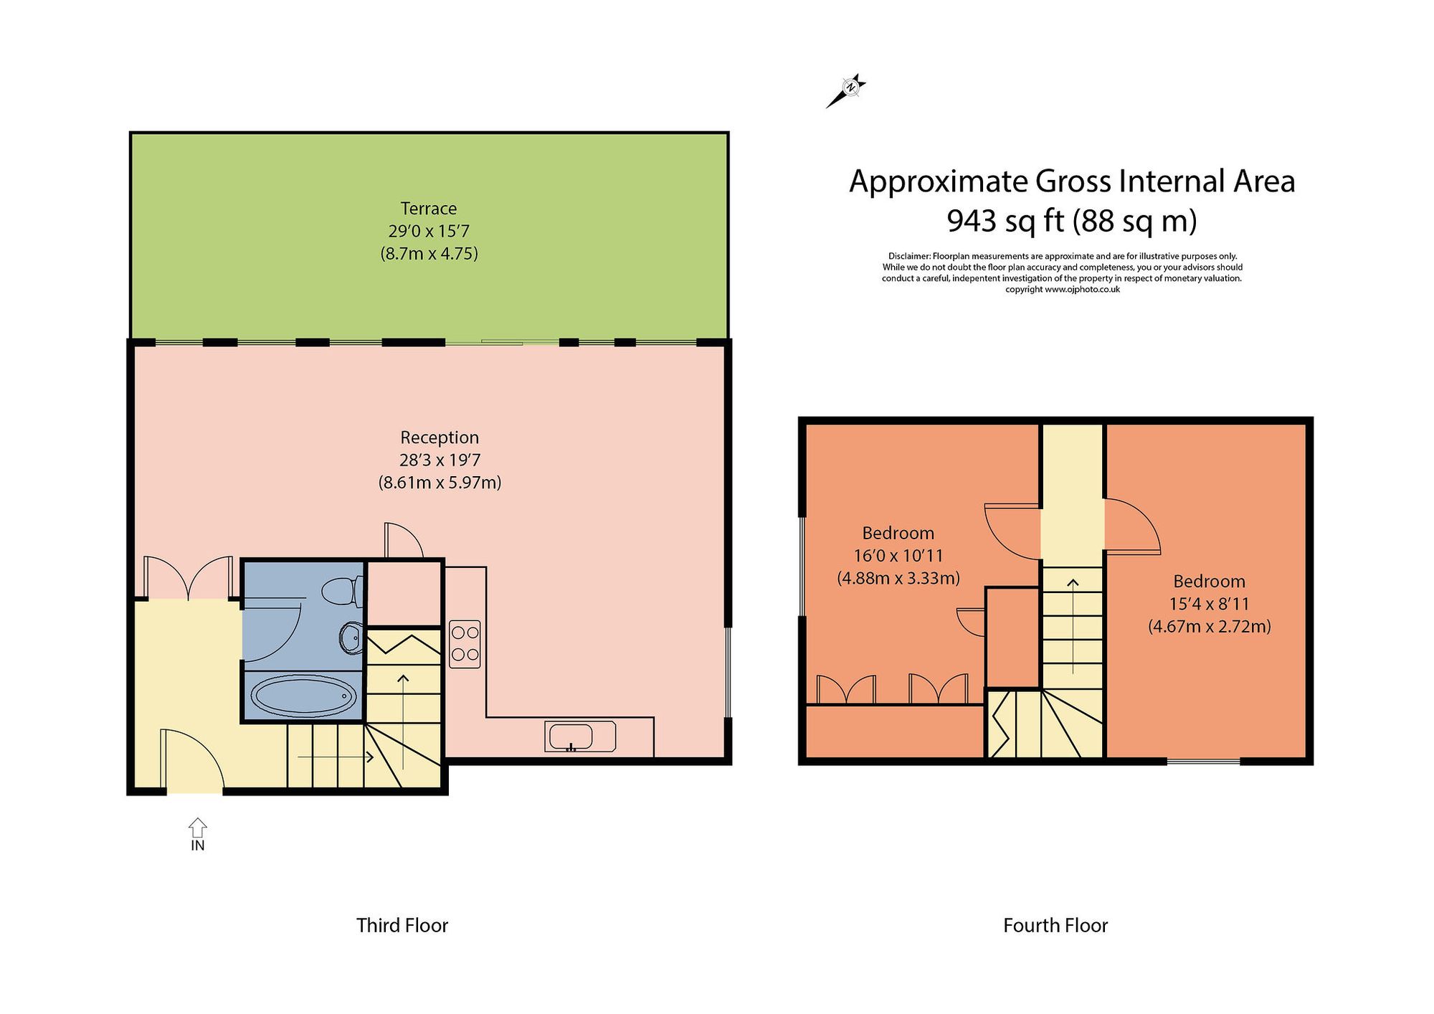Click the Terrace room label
[x=428, y=209]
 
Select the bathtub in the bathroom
[x=303, y=695]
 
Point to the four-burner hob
[x=465, y=644]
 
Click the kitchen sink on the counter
[x=571, y=737]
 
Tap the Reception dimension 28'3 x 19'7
[x=439, y=460]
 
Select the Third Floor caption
[x=402, y=926]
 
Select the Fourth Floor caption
[x=1055, y=926]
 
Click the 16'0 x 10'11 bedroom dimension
[x=898, y=556]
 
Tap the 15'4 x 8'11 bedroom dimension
[x=1209, y=604]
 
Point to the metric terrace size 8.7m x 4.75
[x=429, y=254]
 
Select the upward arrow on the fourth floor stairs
[x=1073, y=624]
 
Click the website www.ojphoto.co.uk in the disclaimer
[x=1082, y=290]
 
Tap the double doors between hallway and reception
[x=188, y=578]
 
